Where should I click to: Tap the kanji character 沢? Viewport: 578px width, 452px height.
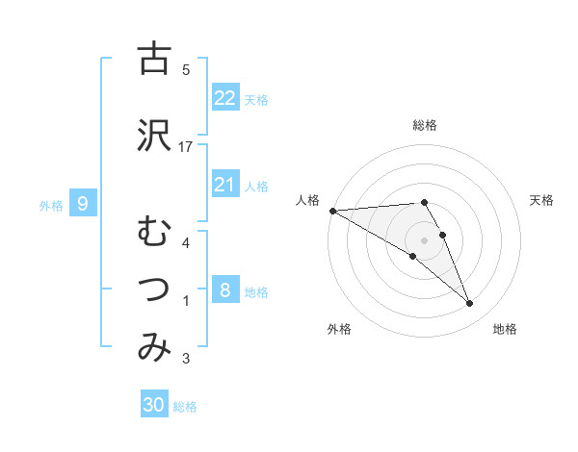click(154, 135)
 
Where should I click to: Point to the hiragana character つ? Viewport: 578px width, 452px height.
click(154, 289)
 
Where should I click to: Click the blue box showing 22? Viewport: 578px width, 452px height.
click(225, 97)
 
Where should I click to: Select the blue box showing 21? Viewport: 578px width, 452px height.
click(225, 185)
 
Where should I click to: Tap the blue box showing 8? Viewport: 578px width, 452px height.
click(225, 290)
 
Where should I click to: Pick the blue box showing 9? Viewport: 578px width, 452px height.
click(83, 204)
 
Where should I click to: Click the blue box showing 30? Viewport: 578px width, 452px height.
click(154, 405)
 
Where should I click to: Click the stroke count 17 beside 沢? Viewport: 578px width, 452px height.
click(187, 147)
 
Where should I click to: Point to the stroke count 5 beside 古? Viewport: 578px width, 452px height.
click(186, 69)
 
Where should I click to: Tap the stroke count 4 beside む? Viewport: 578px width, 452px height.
click(186, 243)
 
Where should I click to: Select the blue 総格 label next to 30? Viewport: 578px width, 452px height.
click(186, 407)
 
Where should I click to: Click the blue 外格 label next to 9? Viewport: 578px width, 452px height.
click(51, 205)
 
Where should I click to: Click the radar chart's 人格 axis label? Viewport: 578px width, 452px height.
click(306, 200)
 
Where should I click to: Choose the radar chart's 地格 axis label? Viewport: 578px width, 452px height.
click(505, 330)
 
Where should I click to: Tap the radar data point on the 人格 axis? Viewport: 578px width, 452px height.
click(332, 211)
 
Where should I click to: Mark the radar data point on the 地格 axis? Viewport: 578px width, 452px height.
click(470, 304)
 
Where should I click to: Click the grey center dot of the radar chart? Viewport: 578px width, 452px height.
click(425, 239)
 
